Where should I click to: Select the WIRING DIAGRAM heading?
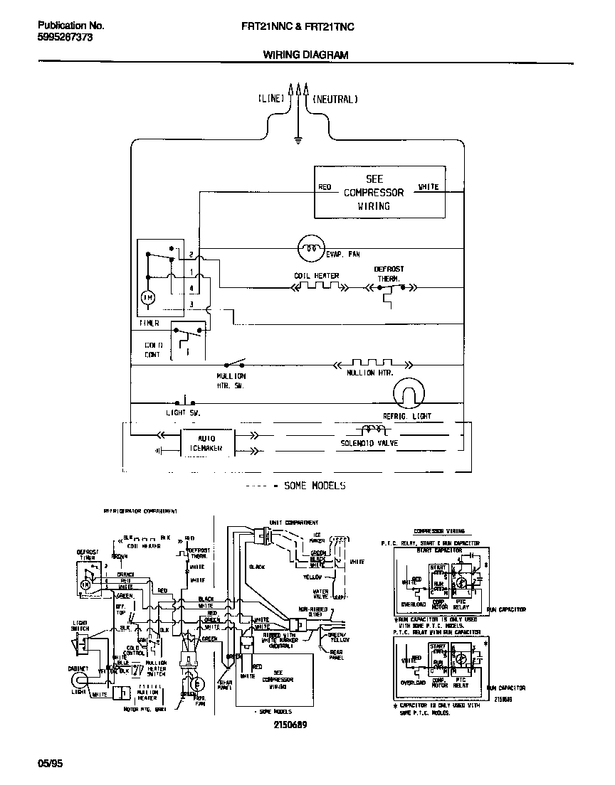(x=306, y=55)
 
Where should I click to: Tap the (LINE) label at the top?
(x=270, y=100)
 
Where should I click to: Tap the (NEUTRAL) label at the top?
(x=335, y=100)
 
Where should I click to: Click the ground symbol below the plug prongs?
(x=298, y=140)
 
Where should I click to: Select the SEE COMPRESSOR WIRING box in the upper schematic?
(x=380, y=192)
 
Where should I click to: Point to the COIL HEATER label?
(x=316, y=276)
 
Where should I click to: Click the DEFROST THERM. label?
(x=389, y=274)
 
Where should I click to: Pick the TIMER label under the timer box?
(x=149, y=324)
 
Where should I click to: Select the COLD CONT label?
(x=153, y=349)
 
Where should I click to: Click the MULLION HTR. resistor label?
(x=370, y=373)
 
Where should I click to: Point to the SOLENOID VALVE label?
(x=369, y=443)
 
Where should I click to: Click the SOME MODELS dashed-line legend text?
(x=314, y=486)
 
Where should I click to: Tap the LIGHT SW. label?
(x=184, y=412)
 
